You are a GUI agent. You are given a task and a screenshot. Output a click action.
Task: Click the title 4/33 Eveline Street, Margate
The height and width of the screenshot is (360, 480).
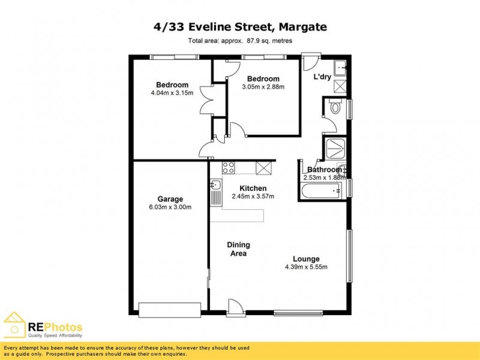239,27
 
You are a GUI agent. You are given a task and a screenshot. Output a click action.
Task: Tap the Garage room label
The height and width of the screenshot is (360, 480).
170,199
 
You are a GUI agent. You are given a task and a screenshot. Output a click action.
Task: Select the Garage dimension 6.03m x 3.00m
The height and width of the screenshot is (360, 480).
170,208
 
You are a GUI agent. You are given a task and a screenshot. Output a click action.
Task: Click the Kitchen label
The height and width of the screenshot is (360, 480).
253,188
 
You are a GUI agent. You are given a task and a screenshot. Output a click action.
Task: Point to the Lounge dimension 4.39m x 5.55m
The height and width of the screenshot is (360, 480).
306,267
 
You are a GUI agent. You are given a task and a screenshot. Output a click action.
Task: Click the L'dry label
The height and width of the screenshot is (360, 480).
322,77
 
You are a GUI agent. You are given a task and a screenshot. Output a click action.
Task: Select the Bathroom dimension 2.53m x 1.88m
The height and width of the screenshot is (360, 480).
323,178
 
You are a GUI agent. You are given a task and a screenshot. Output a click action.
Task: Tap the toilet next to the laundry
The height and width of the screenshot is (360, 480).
335,107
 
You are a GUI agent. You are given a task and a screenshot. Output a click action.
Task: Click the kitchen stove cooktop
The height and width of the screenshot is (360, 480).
229,167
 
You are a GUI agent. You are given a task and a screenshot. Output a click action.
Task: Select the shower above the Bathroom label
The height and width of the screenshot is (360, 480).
334,149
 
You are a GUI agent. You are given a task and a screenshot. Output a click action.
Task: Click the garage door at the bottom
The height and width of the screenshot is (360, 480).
169,310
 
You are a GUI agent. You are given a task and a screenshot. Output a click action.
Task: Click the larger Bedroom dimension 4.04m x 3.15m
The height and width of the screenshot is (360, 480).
172,93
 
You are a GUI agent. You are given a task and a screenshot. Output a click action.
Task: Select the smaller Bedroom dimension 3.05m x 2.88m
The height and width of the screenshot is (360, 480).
263,87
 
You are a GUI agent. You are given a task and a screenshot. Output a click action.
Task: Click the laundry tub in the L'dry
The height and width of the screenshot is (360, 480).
339,67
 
